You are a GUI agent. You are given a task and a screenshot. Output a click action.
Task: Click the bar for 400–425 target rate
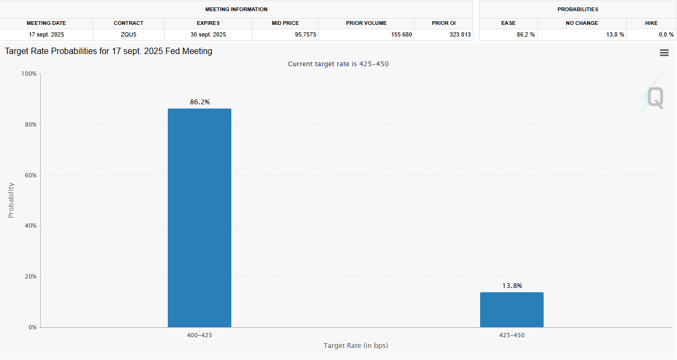[199, 218]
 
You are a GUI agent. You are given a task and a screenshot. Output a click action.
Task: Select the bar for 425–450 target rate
[511, 310]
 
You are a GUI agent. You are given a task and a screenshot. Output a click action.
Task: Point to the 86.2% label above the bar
[200, 102]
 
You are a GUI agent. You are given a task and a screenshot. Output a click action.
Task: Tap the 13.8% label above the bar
[512, 286]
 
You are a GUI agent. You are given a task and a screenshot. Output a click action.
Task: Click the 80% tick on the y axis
[30, 124]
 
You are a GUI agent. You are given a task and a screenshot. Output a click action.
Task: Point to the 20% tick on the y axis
[30, 276]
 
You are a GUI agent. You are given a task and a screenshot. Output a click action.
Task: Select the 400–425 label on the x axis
[200, 336]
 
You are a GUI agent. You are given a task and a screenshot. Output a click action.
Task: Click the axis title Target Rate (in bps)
[355, 346]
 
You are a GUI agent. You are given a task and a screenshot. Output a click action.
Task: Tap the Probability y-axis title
[11, 200]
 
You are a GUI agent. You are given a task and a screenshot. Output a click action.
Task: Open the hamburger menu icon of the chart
[664, 53]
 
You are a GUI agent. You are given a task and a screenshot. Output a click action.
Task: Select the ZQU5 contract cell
[129, 34]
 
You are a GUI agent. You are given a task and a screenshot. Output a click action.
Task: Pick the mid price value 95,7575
[285, 34]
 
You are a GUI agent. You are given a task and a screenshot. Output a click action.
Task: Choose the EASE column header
[508, 23]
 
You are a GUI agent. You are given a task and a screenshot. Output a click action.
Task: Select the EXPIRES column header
[208, 23]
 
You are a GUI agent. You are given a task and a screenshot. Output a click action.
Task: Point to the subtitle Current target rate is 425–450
[338, 64]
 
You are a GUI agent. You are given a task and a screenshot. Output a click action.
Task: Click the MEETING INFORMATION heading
[236, 10]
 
